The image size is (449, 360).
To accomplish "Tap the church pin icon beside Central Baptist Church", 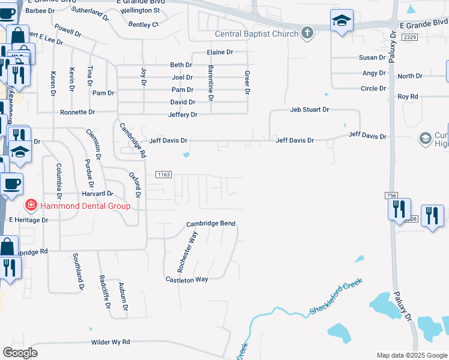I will pyautogui.click(x=307, y=32).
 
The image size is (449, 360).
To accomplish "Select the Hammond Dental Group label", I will pyautogui.click(x=85, y=206).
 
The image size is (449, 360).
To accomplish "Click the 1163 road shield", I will pyautogui.click(x=164, y=175).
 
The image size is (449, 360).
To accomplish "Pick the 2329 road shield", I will pyautogui.click(x=410, y=37).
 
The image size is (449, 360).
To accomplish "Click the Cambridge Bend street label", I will pyautogui.click(x=210, y=224).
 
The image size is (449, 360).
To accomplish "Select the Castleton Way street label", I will pyautogui.click(x=187, y=280).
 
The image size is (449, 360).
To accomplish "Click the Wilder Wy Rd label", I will pyautogui.click(x=110, y=342).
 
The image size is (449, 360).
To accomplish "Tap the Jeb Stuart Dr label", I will pyautogui.click(x=310, y=110).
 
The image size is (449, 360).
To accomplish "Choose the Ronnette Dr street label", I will pyautogui.click(x=77, y=112).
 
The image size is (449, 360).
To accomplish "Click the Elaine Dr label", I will pyautogui.click(x=220, y=52).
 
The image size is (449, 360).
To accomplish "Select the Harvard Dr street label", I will pyautogui.click(x=97, y=194).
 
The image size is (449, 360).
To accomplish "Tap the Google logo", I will pyautogui.click(x=20, y=353).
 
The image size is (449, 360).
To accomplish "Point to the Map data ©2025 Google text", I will pyautogui.click(x=411, y=355).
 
